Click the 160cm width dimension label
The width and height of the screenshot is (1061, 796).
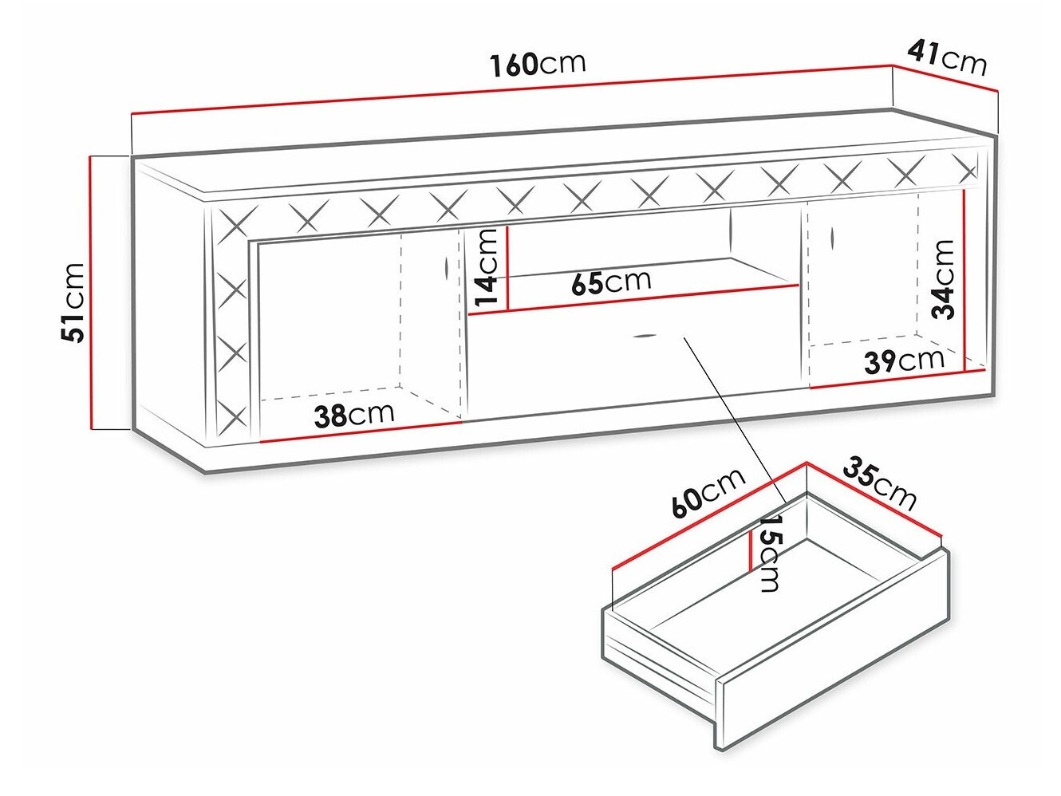point(537,63)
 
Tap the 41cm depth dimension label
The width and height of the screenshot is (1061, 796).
point(947,57)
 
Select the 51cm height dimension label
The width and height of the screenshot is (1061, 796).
point(73,301)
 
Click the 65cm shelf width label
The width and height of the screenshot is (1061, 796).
point(611,282)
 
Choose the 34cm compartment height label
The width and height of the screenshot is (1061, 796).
point(944,278)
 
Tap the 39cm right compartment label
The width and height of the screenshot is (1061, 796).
point(904,361)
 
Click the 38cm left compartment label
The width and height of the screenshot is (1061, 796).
point(354,414)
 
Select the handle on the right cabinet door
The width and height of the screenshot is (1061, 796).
point(831,237)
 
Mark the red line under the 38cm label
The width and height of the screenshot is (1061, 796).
point(361,431)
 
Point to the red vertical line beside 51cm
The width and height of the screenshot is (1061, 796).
point(93,293)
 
